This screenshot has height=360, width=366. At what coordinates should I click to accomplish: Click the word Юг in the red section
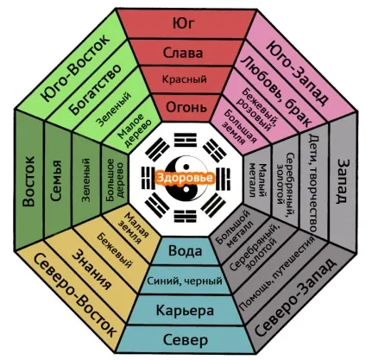(183, 23)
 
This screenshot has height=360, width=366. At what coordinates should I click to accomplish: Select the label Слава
(183, 53)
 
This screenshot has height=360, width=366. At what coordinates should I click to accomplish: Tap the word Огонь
(186, 107)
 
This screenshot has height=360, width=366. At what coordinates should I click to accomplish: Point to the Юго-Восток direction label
(75, 68)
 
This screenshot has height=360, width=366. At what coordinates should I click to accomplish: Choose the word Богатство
(95, 90)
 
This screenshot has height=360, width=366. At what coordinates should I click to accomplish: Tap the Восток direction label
(28, 181)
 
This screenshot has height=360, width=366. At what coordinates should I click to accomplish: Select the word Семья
(56, 180)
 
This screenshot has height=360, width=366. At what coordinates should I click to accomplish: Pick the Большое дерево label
(115, 180)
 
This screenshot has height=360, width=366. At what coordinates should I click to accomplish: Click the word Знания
(91, 268)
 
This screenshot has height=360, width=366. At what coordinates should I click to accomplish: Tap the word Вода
(185, 250)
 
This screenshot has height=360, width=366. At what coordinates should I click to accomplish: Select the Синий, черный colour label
(185, 281)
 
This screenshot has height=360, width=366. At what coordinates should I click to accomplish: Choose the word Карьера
(185, 310)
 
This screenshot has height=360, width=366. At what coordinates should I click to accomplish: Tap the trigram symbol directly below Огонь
(186, 139)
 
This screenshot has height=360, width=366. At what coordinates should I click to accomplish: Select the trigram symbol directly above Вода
(186, 217)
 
